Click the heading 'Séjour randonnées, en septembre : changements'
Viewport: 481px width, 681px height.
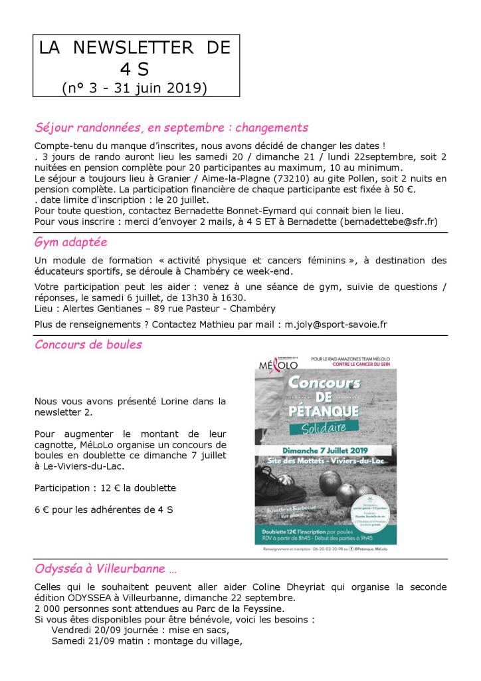coord(171,127)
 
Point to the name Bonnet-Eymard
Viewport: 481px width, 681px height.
coord(249,210)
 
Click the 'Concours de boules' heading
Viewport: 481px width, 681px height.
coord(88,344)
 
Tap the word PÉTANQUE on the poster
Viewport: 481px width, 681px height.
coord(324,404)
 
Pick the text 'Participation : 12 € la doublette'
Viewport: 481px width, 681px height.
coord(105,488)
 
